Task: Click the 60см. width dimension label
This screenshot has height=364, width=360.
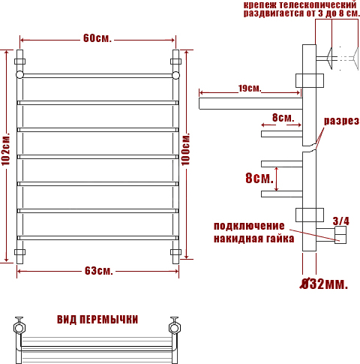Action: [x=97, y=38]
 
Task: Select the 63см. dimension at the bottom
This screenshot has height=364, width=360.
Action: [x=99, y=271]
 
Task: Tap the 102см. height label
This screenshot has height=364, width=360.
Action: [x=6, y=149]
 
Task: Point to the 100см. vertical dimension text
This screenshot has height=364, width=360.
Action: [x=185, y=149]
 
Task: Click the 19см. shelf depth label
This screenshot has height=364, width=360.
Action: [x=250, y=88]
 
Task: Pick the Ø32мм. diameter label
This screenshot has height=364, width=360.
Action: [x=324, y=284]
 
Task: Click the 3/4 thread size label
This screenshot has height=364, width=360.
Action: [x=340, y=221]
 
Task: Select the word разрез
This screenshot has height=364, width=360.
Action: [x=341, y=121]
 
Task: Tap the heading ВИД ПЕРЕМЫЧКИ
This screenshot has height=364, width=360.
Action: [x=97, y=320]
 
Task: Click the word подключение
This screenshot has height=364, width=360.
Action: [x=249, y=226]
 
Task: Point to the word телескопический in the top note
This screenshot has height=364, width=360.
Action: [x=318, y=5]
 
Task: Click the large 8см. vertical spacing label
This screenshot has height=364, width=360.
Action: [x=259, y=178]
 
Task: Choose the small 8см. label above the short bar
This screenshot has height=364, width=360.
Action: [x=283, y=117]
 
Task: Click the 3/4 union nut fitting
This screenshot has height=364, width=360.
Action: [x=340, y=235]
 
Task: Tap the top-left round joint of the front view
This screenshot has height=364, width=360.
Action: [x=19, y=75]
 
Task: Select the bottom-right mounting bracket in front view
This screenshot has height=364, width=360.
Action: [x=175, y=251]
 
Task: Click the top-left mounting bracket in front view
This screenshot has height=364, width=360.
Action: [x=19, y=62]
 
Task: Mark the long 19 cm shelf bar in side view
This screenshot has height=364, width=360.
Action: [x=250, y=104]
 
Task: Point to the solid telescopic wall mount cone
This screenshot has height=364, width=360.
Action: [x=329, y=59]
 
